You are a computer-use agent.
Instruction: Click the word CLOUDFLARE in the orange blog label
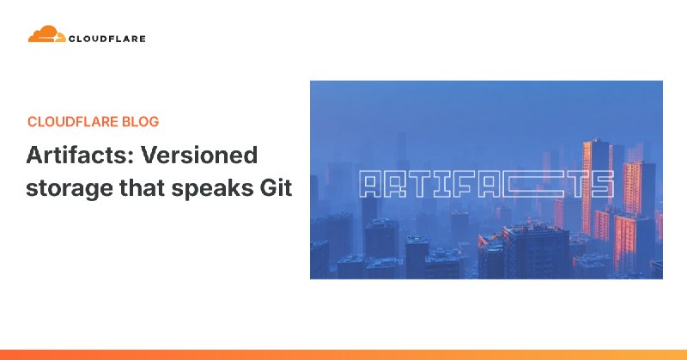click(69, 122)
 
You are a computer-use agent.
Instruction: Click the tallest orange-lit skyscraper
click(593, 172)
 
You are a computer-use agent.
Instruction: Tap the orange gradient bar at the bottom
click(343, 354)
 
